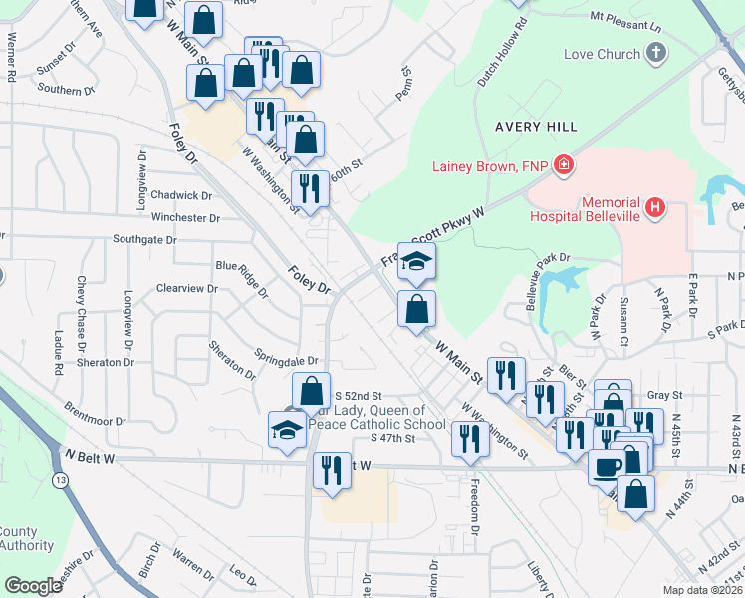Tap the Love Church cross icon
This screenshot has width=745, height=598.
(655, 54)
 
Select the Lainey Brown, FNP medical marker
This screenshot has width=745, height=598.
(563, 165)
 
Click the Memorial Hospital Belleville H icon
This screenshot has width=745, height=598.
(655, 207)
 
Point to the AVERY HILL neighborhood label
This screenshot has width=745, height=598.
(535, 127)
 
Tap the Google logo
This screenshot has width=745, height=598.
(32, 586)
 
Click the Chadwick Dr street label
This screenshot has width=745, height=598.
(183, 196)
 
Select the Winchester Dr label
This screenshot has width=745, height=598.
(179, 217)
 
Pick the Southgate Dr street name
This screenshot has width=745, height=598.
(144, 240)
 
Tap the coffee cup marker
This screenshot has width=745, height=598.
(608, 465)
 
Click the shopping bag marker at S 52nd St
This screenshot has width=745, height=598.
(311, 391)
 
